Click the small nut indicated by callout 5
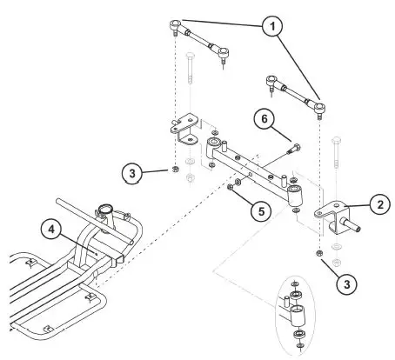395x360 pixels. tap(231, 185)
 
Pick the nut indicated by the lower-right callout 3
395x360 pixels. tap(319, 253)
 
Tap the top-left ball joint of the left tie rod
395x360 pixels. tap(177, 23)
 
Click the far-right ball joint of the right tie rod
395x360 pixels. tap(320, 108)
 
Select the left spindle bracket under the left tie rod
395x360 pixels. tap(184, 130)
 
